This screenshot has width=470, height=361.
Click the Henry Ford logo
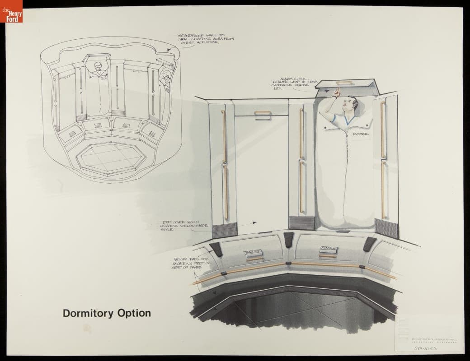click(11, 11)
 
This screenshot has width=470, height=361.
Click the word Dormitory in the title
click(88, 313)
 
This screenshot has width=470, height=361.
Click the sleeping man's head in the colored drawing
click(349, 106)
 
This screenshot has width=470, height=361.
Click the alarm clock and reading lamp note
click(291, 83)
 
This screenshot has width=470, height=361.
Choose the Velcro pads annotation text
click(190, 264)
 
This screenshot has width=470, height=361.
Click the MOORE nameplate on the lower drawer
click(327, 249)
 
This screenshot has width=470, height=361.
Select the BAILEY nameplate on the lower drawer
click(252, 251)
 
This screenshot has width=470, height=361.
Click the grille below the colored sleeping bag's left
click(301, 223)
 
